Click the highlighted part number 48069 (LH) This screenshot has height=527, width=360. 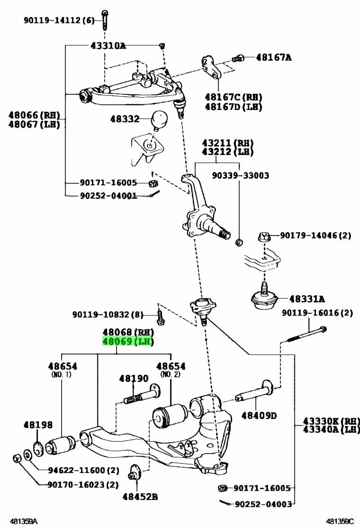click(128, 342)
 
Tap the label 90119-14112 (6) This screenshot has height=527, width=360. click(59, 20)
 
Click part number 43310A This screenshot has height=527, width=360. click(108, 45)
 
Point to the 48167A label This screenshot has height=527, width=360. click(274, 57)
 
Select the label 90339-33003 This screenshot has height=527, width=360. click(241, 175)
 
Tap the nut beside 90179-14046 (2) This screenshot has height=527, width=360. click(264, 236)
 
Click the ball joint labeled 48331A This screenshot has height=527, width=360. click(265, 297)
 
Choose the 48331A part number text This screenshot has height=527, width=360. click(307, 299)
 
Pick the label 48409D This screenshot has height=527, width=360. click(259, 416)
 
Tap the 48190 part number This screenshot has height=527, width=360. click(134, 379)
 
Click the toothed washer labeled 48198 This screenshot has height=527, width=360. click(39, 448)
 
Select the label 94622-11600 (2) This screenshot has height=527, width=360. click(84, 470)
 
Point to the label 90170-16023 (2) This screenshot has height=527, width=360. click(83, 485)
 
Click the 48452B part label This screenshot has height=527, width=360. click(140, 496)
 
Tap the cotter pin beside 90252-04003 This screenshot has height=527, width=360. click(225, 502)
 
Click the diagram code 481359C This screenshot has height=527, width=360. click(340, 521)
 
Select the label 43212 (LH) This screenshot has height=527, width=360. click(227, 152)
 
